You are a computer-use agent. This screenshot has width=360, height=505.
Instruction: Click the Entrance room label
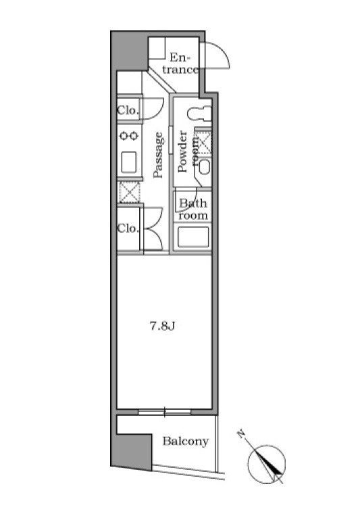pos(180,64)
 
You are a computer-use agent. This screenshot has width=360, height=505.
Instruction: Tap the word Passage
pos(158,155)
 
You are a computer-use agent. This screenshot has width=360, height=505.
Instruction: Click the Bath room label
pos(193,210)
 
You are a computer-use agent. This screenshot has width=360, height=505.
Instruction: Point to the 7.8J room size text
pos(162,327)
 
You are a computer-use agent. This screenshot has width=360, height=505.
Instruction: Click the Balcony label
pos(186,441)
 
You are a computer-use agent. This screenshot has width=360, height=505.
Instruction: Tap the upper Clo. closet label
pos(128,110)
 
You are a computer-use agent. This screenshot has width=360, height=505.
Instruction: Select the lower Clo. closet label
pos(128,229)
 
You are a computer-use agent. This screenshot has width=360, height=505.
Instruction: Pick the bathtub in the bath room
pos(193,237)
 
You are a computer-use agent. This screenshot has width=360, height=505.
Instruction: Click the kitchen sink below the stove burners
pos(129,162)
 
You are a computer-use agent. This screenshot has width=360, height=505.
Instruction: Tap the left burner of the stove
pos(124,136)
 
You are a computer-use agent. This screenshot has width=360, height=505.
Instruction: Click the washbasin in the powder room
pos(204,167)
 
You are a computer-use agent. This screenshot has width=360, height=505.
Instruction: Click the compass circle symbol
pos(267,464)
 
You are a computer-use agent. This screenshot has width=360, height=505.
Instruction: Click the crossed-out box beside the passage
pos(130,192)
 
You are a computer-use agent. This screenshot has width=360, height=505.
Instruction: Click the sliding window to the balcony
pos(164,412)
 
